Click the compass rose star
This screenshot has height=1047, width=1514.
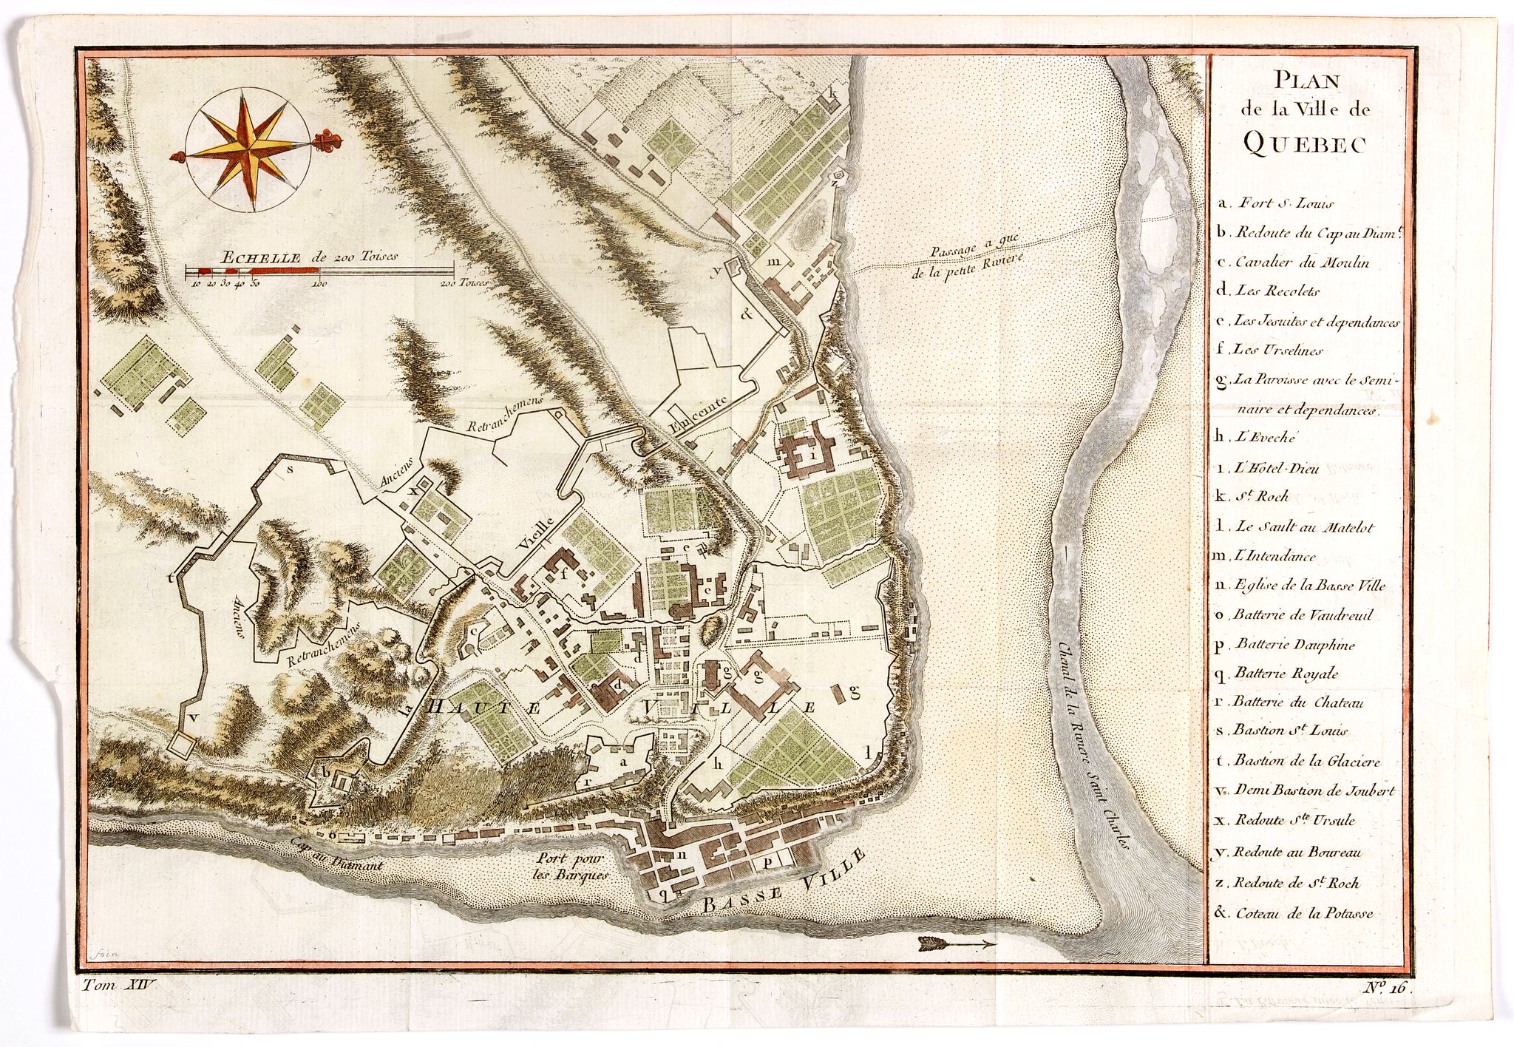point(248,146)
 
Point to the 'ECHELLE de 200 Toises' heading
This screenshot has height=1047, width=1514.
point(310,257)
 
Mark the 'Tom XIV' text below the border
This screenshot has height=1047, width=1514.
point(118,986)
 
